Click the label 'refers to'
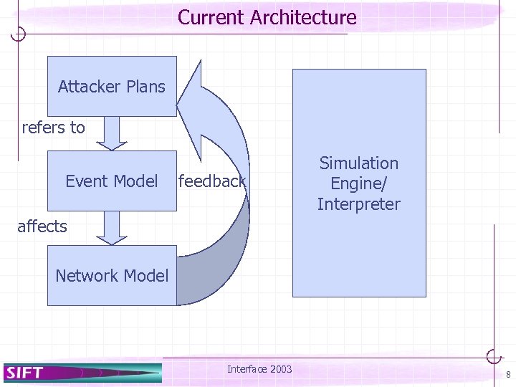pos(53,128)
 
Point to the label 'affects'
pos(42,226)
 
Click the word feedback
pos(212,181)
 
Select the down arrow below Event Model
pos(112,228)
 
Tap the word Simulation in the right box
pos(358,163)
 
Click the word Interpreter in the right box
pos(358,204)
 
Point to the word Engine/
pos(358,183)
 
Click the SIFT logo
pos(25,373)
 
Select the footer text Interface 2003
pos(259,369)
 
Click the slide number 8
pos(507,375)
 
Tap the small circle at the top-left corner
pos(20,34)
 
